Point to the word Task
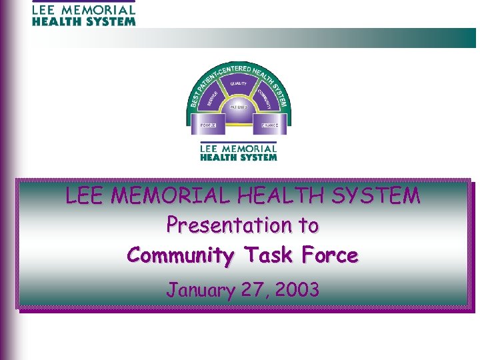270,255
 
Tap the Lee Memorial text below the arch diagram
239,153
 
